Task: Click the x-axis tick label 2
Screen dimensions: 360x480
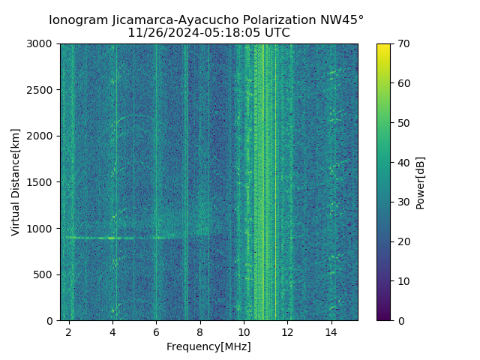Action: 69,331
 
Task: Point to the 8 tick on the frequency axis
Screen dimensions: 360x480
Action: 200,331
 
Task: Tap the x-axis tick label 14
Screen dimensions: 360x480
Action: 331,331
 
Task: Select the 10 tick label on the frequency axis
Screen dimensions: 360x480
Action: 244,331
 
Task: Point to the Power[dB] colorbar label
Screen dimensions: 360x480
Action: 421,182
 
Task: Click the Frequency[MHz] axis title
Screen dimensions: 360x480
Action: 208,346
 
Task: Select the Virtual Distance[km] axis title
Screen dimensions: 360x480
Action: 16,182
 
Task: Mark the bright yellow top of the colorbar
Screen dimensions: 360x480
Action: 383,46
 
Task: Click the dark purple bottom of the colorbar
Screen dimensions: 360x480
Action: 383,317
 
